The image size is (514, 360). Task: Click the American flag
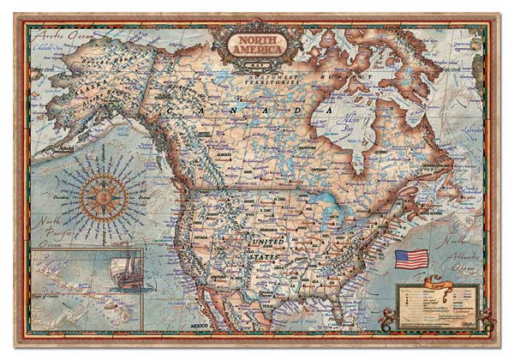tap(410, 259)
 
